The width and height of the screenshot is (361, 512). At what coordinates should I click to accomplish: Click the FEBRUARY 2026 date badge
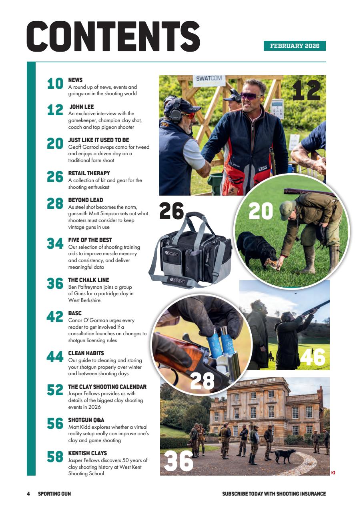295,46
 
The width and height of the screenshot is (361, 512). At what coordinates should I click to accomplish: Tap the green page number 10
55,84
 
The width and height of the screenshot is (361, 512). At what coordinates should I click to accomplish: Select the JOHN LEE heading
82,107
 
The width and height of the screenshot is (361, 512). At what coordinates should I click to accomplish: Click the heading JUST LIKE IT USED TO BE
98,140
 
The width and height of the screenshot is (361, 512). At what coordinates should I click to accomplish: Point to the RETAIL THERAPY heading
89,173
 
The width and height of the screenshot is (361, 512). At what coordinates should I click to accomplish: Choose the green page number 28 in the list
55,204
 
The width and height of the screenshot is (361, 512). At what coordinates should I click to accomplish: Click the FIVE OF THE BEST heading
90,240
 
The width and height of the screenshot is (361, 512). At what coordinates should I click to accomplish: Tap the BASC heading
75,313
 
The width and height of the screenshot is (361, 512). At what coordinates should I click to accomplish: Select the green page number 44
55,357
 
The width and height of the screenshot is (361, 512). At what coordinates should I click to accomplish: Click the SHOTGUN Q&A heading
86,420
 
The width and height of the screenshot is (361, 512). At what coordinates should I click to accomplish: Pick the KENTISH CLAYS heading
87,453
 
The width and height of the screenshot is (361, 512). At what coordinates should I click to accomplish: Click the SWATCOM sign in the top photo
209,79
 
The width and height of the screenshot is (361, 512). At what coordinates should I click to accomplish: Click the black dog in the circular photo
257,248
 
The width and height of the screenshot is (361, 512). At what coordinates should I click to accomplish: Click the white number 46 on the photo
313,357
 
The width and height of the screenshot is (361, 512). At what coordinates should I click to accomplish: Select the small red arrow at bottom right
333,473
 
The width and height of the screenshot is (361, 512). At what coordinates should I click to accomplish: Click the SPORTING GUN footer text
54,494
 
